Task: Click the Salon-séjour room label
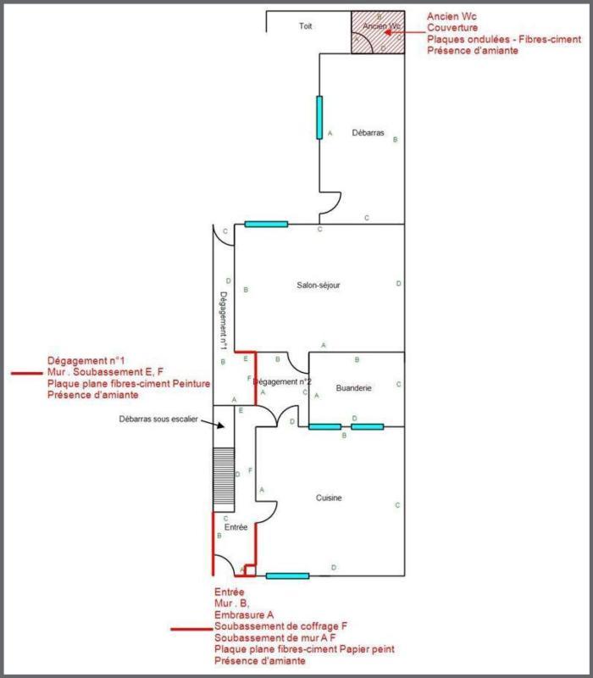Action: (319, 286)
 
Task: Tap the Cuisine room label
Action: (329, 498)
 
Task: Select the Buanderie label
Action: (353, 388)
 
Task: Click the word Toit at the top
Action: (306, 27)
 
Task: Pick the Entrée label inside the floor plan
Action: (236, 527)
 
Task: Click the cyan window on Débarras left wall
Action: (319, 117)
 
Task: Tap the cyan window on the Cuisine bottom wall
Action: (287, 576)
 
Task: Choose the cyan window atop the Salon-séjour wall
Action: (266, 225)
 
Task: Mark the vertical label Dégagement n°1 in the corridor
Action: (223, 322)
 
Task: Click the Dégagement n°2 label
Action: (283, 381)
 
